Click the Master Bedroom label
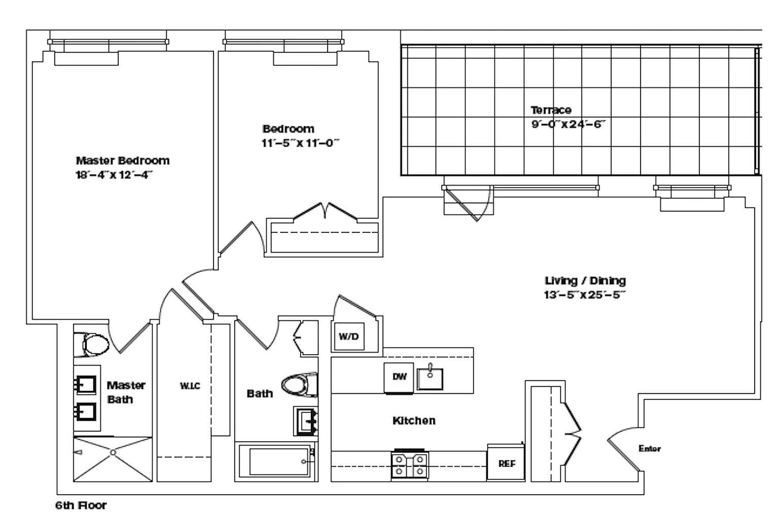click(x=123, y=161)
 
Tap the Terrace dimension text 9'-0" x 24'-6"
click(x=568, y=124)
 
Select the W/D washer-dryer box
click(x=349, y=336)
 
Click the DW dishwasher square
click(x=399, y=377)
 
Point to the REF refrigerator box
click(x=506, y=463)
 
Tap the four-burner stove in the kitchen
click(x=410, y=465)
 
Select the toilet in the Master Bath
click(x=91, y=344)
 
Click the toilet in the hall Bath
click(x=300, y=385)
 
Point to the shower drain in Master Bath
click(x=113, y=453)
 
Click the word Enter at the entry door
click(x=650, y=448)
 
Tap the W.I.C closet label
click(x=190, y=386)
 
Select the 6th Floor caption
click(x=81, y=505)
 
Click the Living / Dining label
click(x=585, y=281)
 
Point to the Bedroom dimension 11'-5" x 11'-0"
click(x=300, y=143)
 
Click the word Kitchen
click(x=414, y=421)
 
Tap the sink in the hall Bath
click(x=306, y=421)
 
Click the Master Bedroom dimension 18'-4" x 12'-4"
click(x=114, y=175)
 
